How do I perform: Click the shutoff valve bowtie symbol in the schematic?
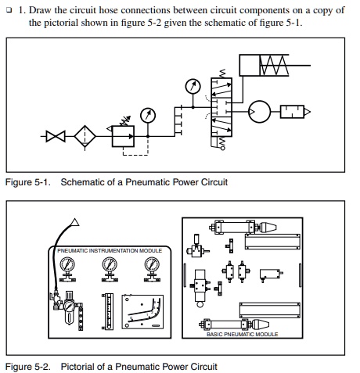56,136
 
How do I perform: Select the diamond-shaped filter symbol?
85,136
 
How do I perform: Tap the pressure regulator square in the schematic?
123,136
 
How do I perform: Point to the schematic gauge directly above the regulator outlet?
148,115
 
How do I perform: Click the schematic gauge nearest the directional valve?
193,86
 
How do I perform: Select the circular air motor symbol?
259,112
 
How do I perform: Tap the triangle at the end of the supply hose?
75,223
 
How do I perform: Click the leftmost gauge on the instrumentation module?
67,269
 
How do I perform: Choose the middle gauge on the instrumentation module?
110,269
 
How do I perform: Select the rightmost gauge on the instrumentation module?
152,269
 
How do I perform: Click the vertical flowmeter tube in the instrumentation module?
107,311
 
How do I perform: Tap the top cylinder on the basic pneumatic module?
243,228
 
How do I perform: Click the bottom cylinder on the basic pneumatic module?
234,325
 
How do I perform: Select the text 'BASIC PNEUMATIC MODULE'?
243,334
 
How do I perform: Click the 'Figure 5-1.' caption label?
28,182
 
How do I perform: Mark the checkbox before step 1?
9,10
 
